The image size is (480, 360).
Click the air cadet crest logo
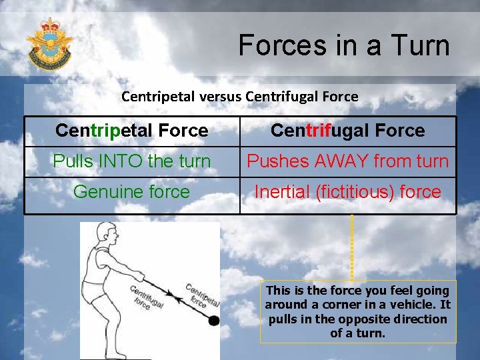[x=49, y=43]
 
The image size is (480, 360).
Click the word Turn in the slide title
[x=421, y=46]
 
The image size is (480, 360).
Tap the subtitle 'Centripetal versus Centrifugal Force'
[x=239, y=97]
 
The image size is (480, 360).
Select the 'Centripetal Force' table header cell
[x=132, y=131]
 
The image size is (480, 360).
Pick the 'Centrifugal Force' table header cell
[x=347, y=131]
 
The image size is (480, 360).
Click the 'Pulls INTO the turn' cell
[x=132, y=161]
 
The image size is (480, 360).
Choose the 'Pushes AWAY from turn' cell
[x=347, y=161]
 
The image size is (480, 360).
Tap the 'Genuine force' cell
[x=132, y=192]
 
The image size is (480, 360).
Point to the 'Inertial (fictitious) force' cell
[x=347, y=192]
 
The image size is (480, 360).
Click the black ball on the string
[x=213, y=321]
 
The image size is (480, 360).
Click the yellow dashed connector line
[x=351, y=247]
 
